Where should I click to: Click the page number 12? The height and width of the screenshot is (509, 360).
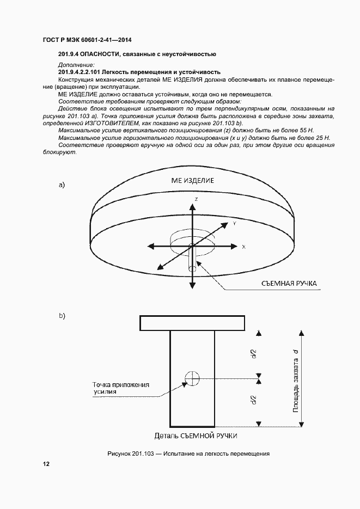[46, 464]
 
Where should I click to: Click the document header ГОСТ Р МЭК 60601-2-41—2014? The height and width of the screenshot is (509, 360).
[87, 40]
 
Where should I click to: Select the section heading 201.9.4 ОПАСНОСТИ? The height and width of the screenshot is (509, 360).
[137, 54]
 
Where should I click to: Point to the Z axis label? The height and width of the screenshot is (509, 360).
[196, 200]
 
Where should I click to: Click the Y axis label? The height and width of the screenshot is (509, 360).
[234, 223]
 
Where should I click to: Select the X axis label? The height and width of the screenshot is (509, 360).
[243, 247]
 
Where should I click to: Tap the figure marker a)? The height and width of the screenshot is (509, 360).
[62, 185]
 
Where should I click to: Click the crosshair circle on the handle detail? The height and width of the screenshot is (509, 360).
[192, 377]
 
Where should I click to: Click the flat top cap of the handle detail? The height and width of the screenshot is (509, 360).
[192, 323]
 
